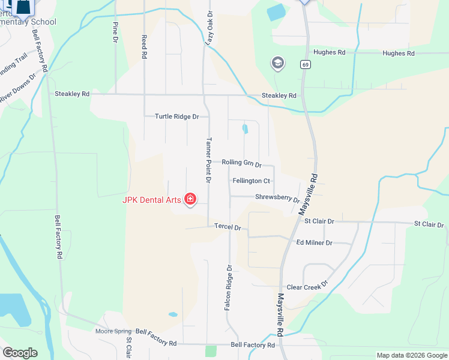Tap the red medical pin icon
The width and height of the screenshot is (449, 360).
click(x=190, y=199)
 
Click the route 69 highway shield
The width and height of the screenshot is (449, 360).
click(x=306, y=64)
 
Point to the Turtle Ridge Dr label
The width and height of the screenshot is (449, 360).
click(x=176, y=116)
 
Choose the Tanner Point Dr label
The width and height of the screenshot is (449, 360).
click(x=209, y=160)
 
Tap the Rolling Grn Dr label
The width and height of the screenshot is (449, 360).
click(x=242, y=163)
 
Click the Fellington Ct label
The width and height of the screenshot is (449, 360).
click(x=252, y=181)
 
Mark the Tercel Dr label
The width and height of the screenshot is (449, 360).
click(x=228, y=227)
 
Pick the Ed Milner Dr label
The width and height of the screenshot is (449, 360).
click(x=314, y=242)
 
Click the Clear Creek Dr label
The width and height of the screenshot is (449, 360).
click(x=307, y=287)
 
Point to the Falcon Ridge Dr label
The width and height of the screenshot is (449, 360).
click(x=228, y=287)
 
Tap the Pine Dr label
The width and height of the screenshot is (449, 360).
click(x=115, y=32)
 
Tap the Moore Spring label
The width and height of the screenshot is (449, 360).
click(x=113, y=331)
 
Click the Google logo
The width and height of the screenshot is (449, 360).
click(x=20, y=352)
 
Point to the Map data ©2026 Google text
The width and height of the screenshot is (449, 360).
click(x=411, y=355)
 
